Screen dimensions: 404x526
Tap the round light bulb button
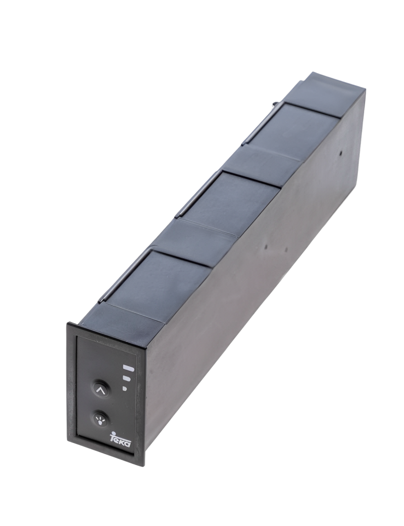[x=100, y=418]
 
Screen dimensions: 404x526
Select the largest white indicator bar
[x=129, y=368]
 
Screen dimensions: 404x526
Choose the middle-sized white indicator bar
[x=127, y=379]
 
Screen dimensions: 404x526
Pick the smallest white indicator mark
[x=125, y=389]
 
